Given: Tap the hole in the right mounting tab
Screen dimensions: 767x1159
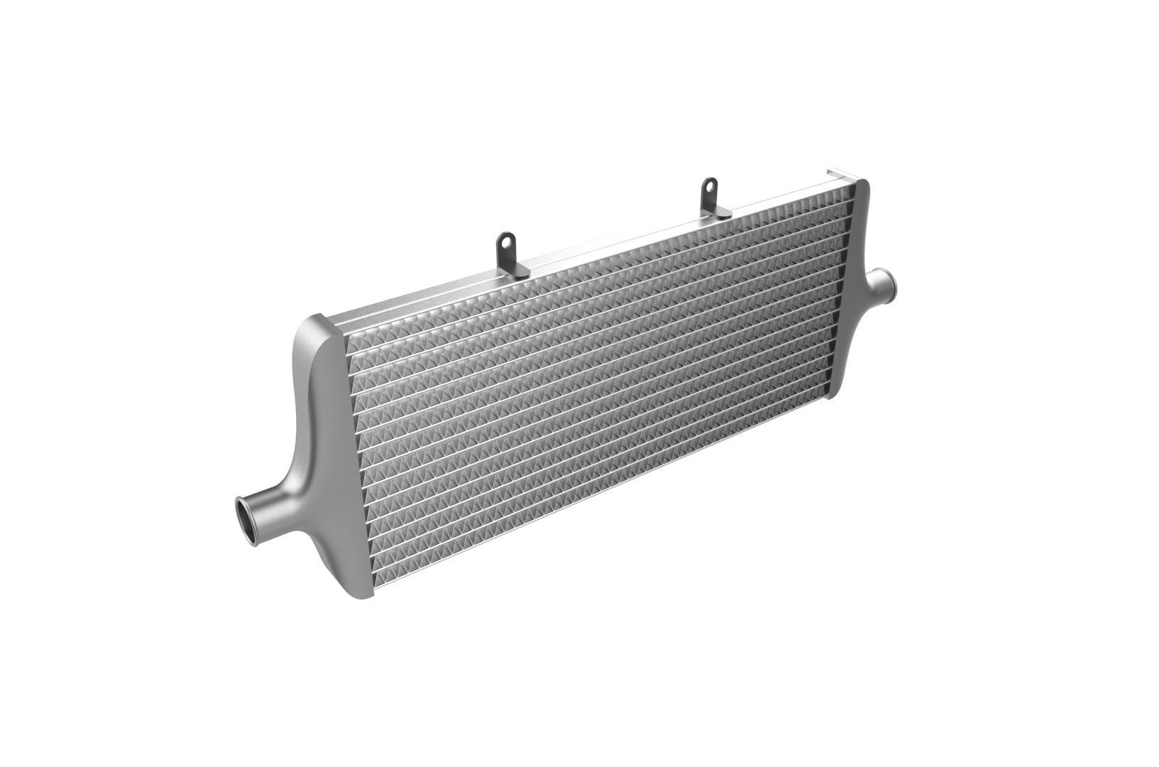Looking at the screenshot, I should (708, 188).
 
